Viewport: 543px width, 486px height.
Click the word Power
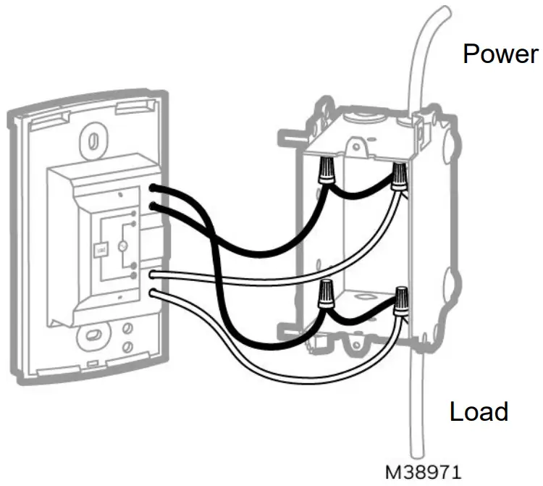pyautogui.click(x=500, y=54)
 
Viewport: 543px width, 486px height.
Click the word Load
pyautogui.click(x=479, y=411)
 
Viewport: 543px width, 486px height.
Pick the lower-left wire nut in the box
pyautogui.click(x=326, y=294)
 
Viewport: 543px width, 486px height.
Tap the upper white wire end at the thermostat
pyautogui.click(x=155, y=275)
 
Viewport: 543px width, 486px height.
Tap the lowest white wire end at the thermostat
pyautogui.click(x=155, y=293)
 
